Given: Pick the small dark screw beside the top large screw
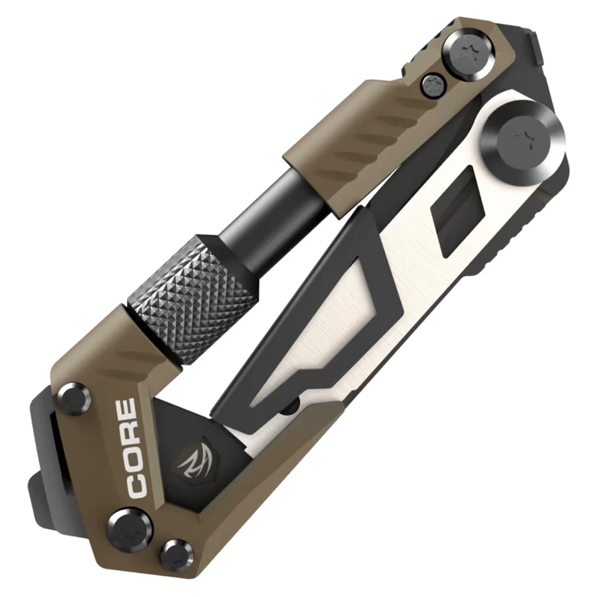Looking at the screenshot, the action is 436,84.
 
